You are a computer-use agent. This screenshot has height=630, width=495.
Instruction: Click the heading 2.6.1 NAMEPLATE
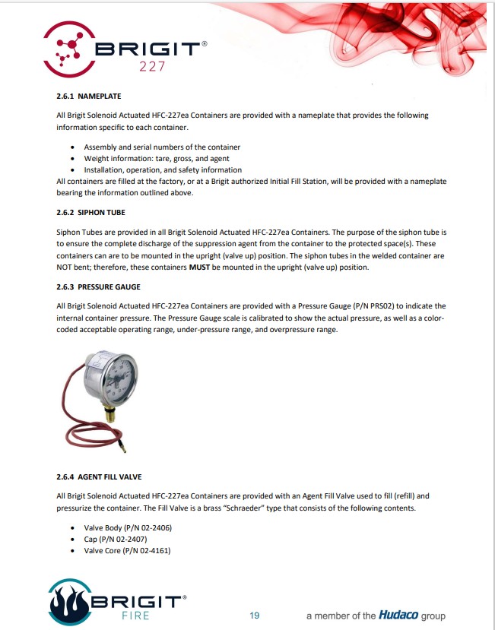[x=88, y=97]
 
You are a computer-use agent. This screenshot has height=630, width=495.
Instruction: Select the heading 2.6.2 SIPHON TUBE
[x=90, y=213]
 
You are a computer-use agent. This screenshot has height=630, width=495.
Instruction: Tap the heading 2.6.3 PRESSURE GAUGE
[x=98, y=287]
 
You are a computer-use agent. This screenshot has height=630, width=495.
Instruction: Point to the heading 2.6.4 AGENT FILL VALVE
[x=99, y=476]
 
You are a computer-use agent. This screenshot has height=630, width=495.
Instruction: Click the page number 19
[x=255, y=615]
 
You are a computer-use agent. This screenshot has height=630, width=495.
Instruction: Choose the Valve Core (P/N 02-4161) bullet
[x=127, y=550]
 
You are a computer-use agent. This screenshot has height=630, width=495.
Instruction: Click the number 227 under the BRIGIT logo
[x=153, y=67]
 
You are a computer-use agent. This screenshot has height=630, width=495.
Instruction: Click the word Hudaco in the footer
[x=399, y=615]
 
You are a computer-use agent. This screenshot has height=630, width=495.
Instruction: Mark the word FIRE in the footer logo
[x=137, y=615]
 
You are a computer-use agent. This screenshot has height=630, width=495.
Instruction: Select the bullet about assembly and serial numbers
[x=162, y=147]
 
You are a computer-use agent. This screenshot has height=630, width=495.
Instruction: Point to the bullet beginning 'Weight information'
[x=156, y=158]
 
